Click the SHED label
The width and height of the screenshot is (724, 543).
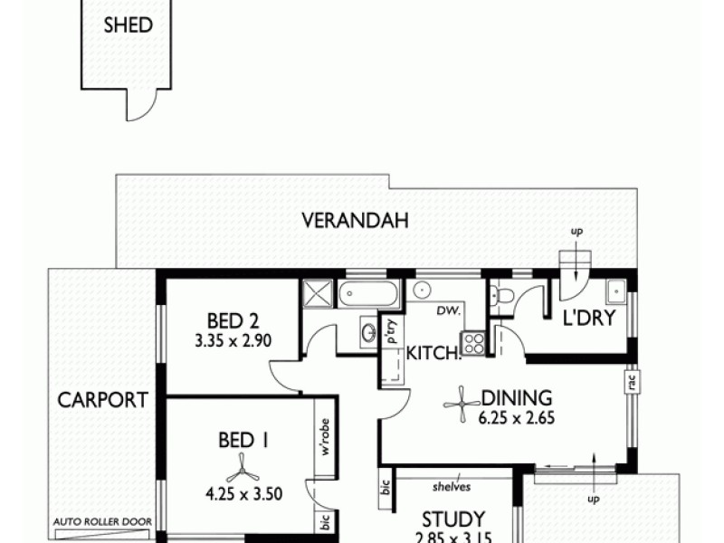pos(128,25)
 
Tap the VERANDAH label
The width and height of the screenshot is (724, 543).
pos(356,219)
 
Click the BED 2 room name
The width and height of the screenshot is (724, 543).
pos(233,320)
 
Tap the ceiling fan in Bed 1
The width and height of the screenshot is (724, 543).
pos(243,467)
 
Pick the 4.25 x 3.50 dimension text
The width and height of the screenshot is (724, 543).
pos(243,494)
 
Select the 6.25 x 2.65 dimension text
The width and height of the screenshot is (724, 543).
pos(518,418)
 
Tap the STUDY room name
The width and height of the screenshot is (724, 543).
pos(453,520)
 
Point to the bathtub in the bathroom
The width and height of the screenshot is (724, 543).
pos(368,294)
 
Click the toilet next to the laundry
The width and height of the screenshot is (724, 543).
pos(504,294)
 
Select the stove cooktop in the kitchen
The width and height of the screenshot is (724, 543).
pos(473,343)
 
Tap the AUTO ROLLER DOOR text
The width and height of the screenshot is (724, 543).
pos(102,521)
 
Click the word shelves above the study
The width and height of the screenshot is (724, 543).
pos(452,486)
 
